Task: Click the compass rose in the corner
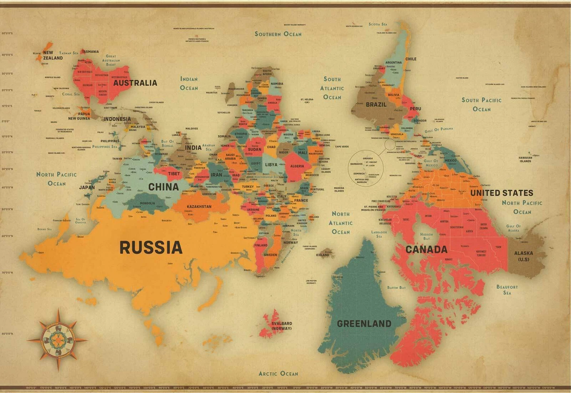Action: point(58,340)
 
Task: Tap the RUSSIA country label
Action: point(150,247)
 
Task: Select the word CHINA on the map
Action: point(163,187)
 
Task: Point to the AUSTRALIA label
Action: point(135,83)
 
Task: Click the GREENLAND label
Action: point(364,323)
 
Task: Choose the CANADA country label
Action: point(426,249)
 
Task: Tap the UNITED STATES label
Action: point(502,193)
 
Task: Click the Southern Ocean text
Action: point(278,34)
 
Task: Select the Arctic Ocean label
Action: point(278,373)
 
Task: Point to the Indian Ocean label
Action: point(189,83)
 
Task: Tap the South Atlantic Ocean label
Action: point(332,88)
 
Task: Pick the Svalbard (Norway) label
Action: point(282,326)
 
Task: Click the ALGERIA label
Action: point(297,166)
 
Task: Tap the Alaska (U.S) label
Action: point(523,256)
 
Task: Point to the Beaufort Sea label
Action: point(507,290)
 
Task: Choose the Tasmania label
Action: point(90,51)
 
